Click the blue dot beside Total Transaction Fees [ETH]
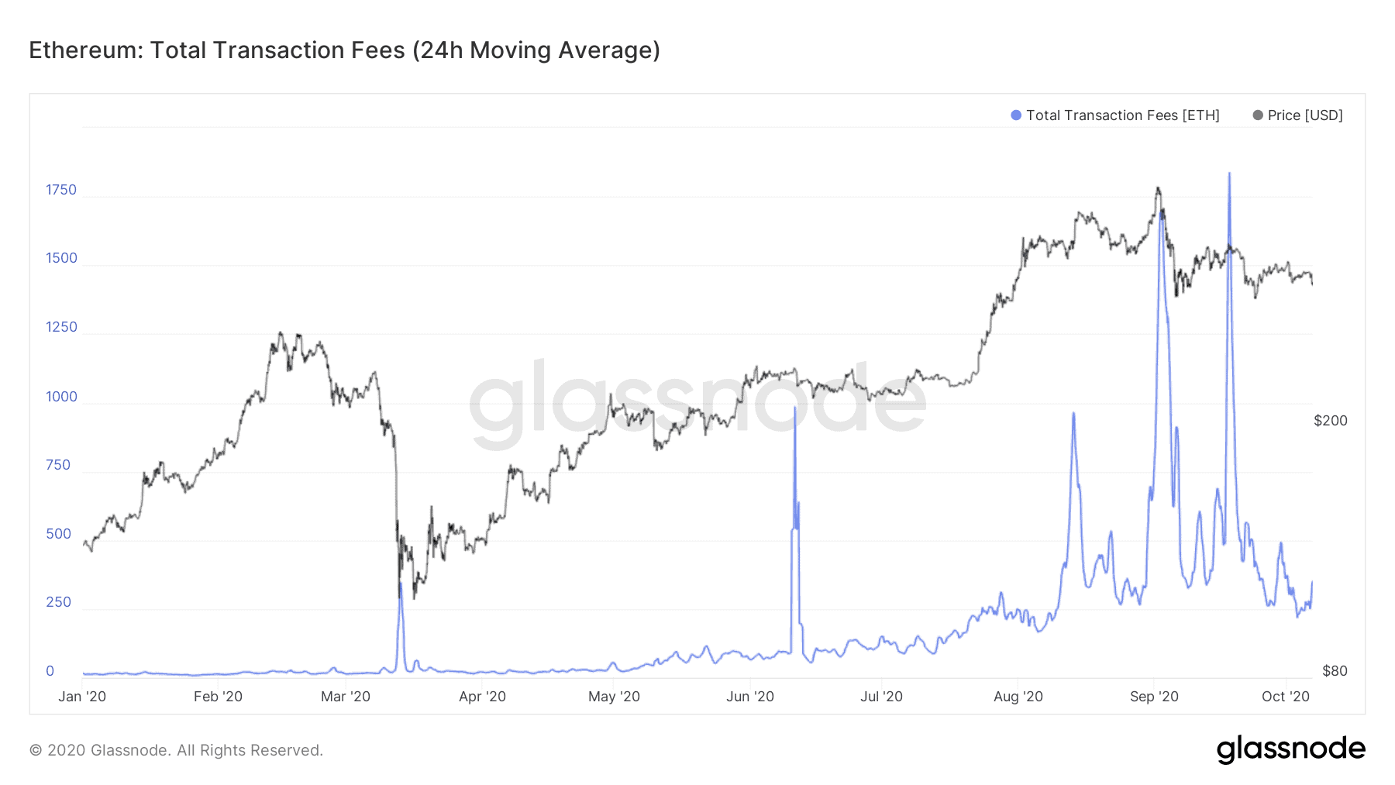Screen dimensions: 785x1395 click(x=1016, y=115)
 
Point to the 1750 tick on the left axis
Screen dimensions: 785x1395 click(x=61, y=190)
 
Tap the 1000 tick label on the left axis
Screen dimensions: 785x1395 click(x=61, y=397)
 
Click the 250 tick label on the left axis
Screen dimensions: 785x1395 click(x=58, y=602)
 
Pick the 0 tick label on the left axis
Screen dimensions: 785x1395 click(x=50, y=671)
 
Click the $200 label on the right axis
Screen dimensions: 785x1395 click(x=1330, y=421)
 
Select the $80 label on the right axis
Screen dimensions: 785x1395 click(x=1334, y=671)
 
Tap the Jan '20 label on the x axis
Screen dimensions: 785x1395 click(x=82, y=697)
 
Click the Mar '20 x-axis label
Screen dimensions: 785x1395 click(x=346, y=697)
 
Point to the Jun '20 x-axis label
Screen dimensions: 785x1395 click(x=749, y=697)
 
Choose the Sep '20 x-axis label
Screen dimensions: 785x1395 click(x=1154, y=697)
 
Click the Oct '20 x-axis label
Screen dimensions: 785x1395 click(x=1285, y=697)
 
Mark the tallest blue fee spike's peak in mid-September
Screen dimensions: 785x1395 click(x=1229, y=174)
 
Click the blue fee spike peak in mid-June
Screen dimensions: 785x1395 click(x=794, y=408)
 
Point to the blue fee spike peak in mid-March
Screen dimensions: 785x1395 click(x=400, y=583)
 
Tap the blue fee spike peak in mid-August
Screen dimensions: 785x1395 click(x=1073, y=413)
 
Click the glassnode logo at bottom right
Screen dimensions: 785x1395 click(x=1290, y=749)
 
